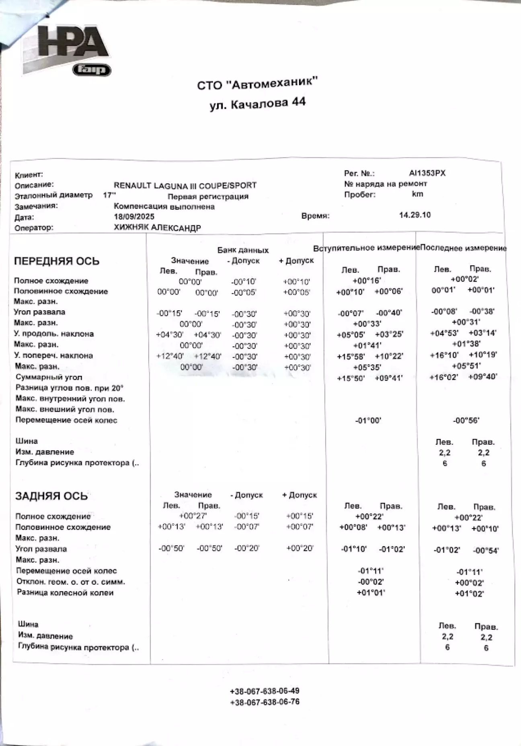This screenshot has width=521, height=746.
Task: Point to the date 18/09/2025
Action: (134, 217)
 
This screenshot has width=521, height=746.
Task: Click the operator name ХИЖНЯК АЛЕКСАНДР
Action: (157, 228)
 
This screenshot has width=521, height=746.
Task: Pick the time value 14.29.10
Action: (414, 215)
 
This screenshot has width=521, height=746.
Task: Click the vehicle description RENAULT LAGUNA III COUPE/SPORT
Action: (185, 186)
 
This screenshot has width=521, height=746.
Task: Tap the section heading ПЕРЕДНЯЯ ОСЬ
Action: (57, 261)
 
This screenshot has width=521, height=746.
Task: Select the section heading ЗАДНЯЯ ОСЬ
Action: (51, 496)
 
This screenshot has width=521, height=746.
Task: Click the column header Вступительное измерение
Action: (366, 248)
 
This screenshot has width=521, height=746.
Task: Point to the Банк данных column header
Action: (243, 250)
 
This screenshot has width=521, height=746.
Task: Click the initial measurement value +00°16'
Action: (366, 281)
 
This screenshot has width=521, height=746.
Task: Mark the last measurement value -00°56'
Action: (466, 420)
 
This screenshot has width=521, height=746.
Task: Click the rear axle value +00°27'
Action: (193, 516)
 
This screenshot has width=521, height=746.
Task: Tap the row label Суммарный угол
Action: (49, 377)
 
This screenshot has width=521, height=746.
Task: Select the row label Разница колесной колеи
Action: (65, 592)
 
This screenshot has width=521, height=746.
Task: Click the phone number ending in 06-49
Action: (265, 691)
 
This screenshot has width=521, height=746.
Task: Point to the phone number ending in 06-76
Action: (265, 702)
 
